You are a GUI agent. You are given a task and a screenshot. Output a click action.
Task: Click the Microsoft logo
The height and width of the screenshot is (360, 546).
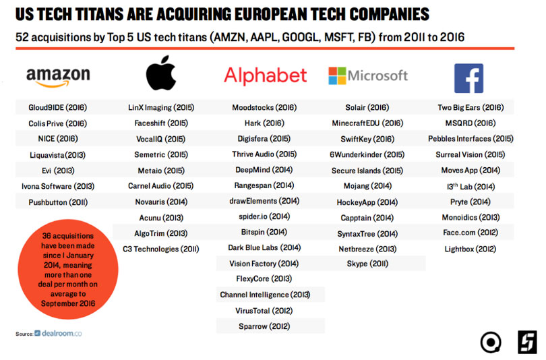tap(367, 76)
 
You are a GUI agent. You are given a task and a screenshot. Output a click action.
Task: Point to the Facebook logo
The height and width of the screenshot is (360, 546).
tap(468, 78)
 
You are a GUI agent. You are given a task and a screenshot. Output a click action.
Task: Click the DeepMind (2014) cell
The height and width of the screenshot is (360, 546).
tap(264, 169)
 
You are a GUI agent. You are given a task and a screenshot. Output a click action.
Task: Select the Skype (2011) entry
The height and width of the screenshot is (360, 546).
tap(367, 264)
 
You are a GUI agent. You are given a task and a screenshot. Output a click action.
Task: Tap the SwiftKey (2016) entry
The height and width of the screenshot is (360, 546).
tap(367, 138)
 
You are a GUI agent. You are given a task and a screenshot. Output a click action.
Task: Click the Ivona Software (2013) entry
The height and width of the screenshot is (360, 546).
tap(58, 185)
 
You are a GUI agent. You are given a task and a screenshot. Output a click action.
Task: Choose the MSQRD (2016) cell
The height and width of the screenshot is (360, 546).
tap(470, 123)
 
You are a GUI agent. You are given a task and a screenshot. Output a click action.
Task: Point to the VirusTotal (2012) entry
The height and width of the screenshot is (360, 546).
tap(264, 311)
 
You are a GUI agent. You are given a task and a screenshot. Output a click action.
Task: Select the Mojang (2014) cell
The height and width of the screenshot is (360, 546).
tap(367, 185)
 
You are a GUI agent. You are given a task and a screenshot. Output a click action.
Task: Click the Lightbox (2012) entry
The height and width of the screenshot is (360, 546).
tap(470, 248)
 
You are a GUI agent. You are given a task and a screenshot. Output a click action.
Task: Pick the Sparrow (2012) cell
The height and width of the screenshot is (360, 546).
tap(264, 326)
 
